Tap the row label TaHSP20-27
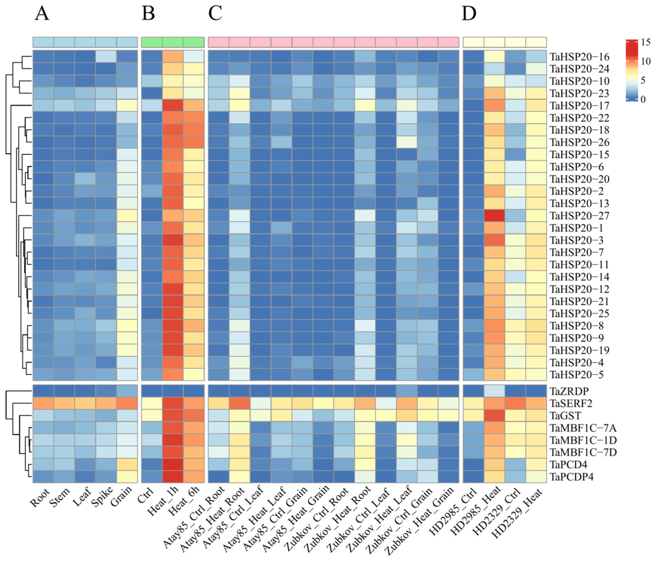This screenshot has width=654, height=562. click(x=579, y=216)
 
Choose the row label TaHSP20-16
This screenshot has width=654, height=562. click(x=579, y=57)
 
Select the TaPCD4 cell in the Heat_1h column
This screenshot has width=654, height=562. click(x=173, y=465)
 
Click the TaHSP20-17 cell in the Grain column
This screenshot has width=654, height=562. click(x=127, y=106)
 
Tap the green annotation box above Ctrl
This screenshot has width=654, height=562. click(x=152, y=42)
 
